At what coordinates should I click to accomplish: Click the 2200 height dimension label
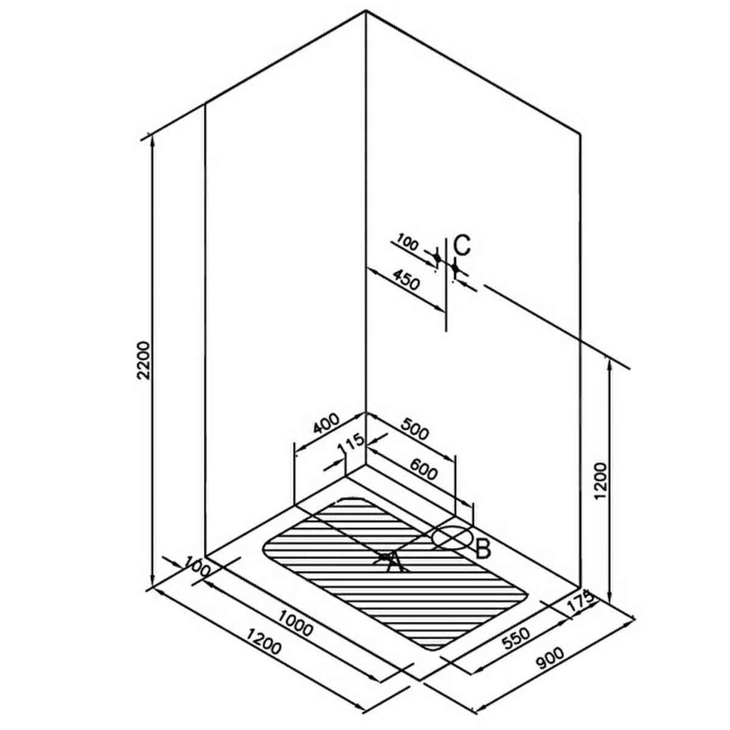(x=144, y=360)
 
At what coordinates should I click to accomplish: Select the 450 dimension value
(x=406, y=279)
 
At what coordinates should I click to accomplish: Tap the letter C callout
(x=462, y=245)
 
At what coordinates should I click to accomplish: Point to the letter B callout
(x=482, y=559)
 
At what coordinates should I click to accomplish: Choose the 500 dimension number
(x=415, y=429)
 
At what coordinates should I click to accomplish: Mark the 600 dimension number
(x=423, y=468)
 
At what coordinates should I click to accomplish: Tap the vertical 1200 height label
(x=601, y=481)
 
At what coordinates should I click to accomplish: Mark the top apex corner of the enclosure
(x=366, y=12)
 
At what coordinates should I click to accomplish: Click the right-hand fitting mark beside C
(x=456, y=268)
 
